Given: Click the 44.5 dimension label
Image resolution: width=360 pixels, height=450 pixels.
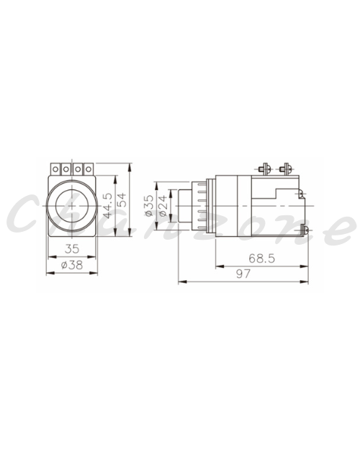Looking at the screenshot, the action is tap(108, 205).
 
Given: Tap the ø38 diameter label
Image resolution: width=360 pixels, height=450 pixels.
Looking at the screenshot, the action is tap(72, 265).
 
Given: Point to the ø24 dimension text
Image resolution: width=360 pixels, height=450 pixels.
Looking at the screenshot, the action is tap(163, 206).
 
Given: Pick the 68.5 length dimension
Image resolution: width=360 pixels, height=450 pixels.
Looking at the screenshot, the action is tap(261, 258).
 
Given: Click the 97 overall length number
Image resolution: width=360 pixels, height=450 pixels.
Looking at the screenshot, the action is tap(243, 274).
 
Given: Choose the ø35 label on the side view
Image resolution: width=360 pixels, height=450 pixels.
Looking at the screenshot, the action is tap(149, 206).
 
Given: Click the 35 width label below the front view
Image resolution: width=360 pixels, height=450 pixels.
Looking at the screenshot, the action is tap(72, 248).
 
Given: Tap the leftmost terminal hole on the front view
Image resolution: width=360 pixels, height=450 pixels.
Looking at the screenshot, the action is tap(55, 169).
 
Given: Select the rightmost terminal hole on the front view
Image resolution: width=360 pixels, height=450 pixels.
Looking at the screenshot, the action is tap(89, 169).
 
